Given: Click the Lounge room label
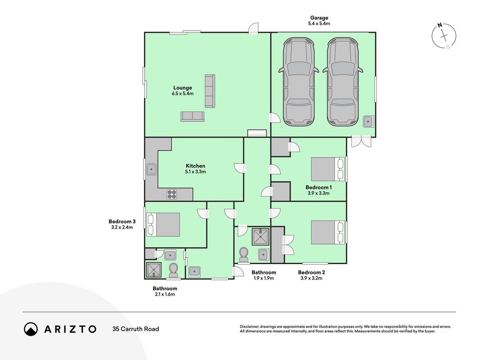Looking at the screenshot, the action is (x=183, y=88).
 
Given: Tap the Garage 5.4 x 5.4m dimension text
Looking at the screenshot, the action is (x=319, y=23).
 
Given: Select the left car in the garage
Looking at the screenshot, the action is (x=299, y=82).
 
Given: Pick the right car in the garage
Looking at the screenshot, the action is (x=343, y=82).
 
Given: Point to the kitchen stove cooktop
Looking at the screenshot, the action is (x=172, y=194).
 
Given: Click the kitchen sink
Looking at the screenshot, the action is (x=152, y=169).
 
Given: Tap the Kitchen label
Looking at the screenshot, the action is (x=195, y=166).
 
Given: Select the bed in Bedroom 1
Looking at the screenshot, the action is (x=328, y=169).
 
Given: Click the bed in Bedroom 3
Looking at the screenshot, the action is (x=163, y=225).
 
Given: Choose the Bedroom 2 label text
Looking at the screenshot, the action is (x=311, y=272).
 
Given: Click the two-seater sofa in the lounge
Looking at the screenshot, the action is (x=192, y=117).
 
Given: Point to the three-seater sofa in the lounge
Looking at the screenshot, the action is (x=210, y=91).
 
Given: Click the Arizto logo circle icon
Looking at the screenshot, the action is (x=31, y=329).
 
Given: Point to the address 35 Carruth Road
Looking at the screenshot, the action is (x=135, y=329).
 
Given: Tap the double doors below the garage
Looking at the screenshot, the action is (x=361, y=141).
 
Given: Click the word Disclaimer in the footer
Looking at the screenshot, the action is (x=250, y=327).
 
